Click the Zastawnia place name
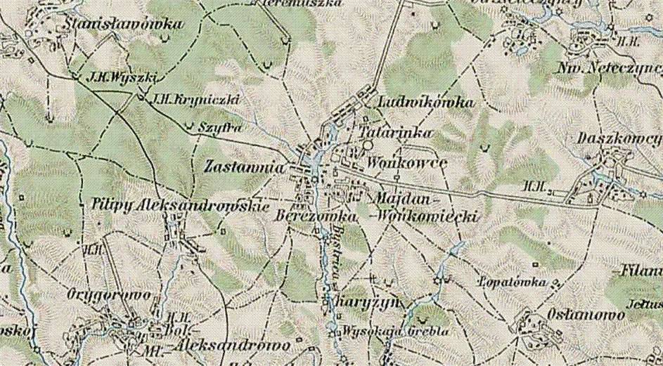click(x=245, y=168)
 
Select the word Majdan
click(x=402, y=199)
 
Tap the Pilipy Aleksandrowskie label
click(x=181, y=205)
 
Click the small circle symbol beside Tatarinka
click(x=368, y=143)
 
